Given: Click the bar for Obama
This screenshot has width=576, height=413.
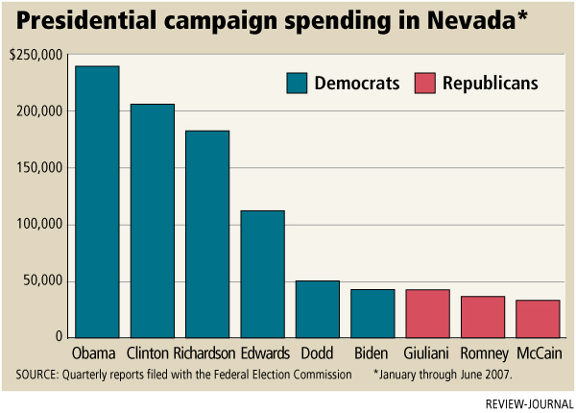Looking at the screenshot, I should click(x=97, y=202).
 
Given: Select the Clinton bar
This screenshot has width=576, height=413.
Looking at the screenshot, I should click(x=152, y=221).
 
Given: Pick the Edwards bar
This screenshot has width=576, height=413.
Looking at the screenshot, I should click(x=262, y=274).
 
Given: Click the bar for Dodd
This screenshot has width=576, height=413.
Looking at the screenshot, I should click(x=317, y=308).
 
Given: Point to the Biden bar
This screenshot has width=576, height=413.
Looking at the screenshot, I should click(x=372, y=313).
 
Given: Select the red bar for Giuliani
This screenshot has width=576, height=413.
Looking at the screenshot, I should click(x=427, y=313).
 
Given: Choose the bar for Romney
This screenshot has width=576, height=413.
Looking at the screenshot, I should click(x=482, y=316).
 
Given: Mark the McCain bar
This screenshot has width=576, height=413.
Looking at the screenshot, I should click(x=537, y=318).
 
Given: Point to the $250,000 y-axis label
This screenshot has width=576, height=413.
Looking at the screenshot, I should click(x=35, y=58).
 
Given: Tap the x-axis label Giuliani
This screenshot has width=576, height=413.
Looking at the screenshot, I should click(x=427, y=352).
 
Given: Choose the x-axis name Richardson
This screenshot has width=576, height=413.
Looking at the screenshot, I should click(x=207, y=352).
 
